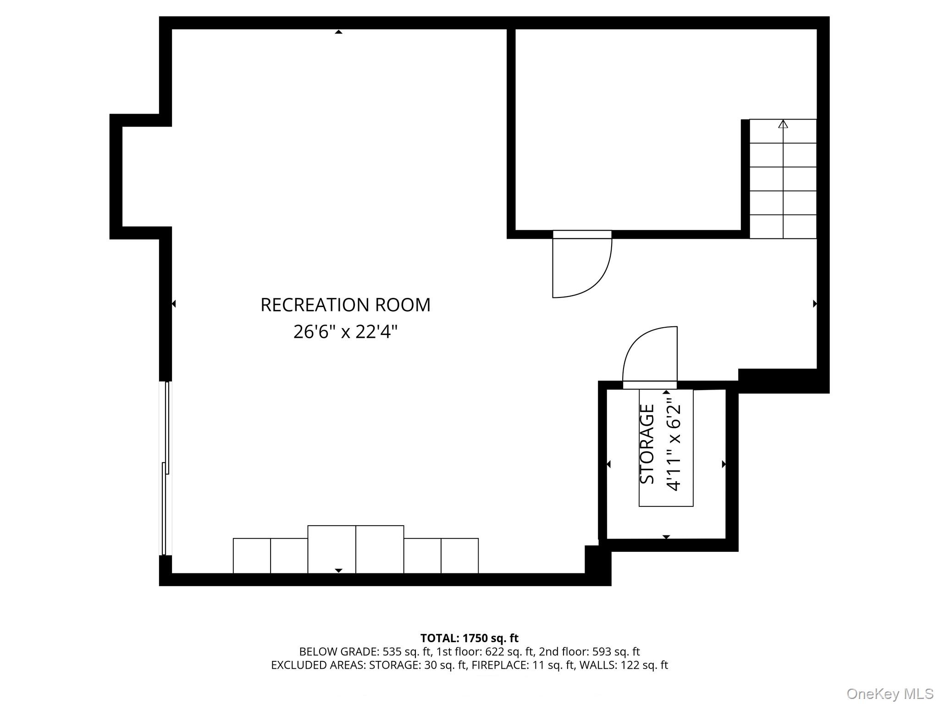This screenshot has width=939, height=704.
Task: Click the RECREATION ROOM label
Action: point(345,305)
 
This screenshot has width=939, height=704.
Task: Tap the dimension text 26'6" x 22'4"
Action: point(345,331)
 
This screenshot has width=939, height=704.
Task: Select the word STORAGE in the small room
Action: point(647,444)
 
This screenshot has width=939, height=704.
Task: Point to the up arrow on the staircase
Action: point(783,124)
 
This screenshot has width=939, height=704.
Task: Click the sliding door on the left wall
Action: point(166,467)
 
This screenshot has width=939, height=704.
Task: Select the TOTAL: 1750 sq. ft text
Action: point(469,638)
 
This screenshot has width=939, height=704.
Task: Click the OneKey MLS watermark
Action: point(889,693)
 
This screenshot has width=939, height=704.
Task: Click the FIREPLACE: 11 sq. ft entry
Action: point(523,665)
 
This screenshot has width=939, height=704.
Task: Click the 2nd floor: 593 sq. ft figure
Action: point(589,652)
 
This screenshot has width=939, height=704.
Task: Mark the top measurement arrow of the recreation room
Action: point(338,32)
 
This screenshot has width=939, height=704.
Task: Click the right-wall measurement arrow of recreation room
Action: point(815,303)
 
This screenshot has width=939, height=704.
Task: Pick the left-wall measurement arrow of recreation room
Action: point(174,303)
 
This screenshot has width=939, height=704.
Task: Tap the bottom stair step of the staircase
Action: point(783,227)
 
